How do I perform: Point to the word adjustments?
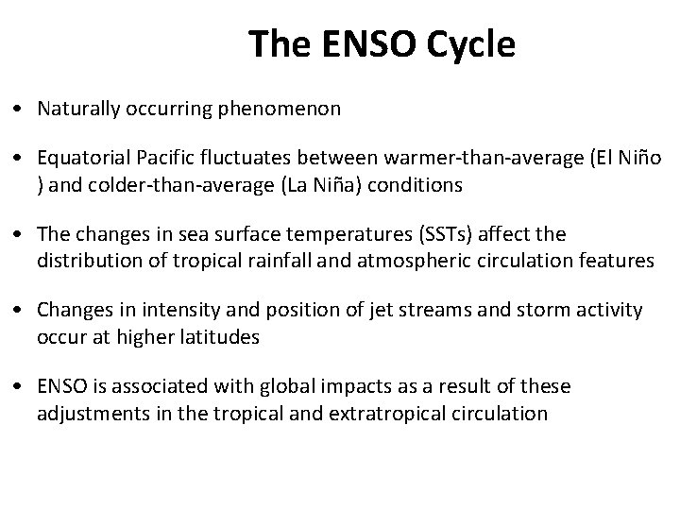[x=87, y=413]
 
